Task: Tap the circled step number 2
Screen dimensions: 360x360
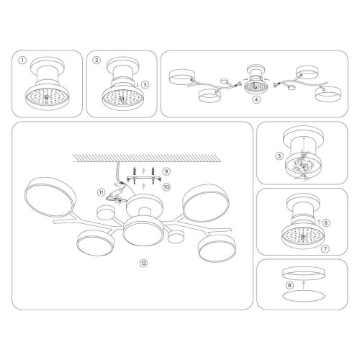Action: [96, 62]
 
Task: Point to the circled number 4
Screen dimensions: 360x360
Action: [256, 99]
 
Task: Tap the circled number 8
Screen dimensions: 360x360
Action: [289, 285]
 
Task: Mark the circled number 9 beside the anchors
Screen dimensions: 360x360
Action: [166, 172]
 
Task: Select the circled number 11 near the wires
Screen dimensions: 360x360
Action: [102, 192]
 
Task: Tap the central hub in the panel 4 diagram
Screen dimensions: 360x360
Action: [254, 84]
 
